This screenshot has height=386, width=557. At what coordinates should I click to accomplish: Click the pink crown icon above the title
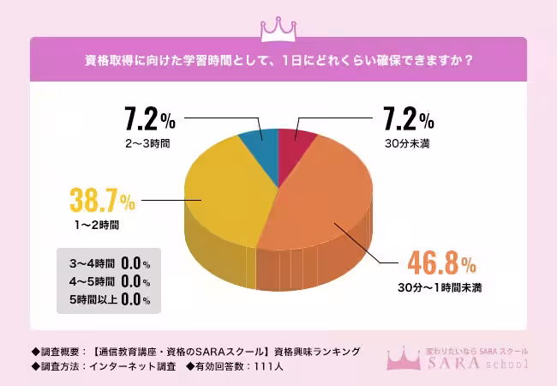(278, 27)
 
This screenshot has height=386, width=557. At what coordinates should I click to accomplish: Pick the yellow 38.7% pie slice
(227, 193)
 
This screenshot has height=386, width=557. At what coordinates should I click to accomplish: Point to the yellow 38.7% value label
(102, 202)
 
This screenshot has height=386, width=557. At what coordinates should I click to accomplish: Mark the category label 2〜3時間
(147, 142)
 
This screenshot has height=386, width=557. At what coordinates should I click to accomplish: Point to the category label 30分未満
(406, 142)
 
